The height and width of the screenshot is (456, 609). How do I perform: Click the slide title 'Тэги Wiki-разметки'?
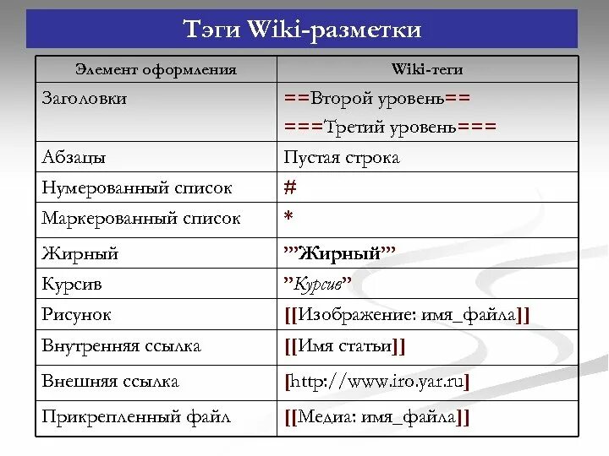302,30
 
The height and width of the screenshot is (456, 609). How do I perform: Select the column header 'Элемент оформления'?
156,69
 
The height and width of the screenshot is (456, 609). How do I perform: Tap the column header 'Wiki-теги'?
427,69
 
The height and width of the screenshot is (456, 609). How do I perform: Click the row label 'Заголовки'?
85,98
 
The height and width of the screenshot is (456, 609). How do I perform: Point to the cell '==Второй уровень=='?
376,98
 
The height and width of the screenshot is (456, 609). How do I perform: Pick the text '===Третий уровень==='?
390,127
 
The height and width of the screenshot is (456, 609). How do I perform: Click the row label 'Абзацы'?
74,158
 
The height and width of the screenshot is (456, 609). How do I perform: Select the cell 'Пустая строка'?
342,158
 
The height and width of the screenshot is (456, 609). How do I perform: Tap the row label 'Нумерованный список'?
136,187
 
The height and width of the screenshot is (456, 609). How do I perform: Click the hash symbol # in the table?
289,187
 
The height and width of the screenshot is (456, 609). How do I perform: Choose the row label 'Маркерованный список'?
141,218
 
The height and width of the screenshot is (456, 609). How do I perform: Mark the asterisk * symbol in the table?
288,218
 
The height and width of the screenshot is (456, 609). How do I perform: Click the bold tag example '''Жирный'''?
339,252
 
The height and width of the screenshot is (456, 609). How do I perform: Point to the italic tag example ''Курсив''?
317,284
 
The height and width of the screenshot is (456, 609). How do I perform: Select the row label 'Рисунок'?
76,315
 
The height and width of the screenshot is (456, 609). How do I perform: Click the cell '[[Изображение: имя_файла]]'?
407,316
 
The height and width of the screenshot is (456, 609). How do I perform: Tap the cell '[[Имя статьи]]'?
345,346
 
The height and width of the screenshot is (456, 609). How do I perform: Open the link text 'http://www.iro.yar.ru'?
377,382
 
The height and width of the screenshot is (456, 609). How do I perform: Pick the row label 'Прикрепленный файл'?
136,416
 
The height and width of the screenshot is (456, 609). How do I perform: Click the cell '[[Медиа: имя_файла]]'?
377,417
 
